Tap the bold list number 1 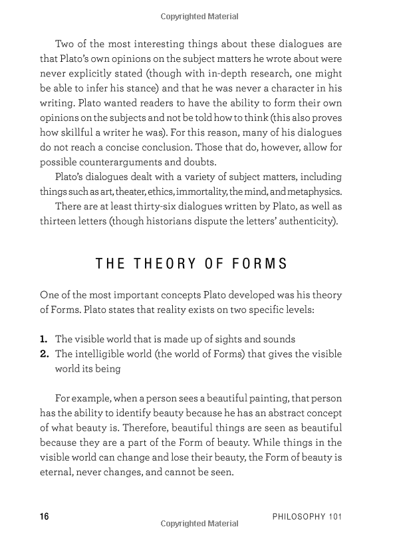pyautogui.click(x=45, y=339)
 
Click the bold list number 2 pyautogui.click(x=45, y=353)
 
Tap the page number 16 pyautogui.click(x=45, y=516)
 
